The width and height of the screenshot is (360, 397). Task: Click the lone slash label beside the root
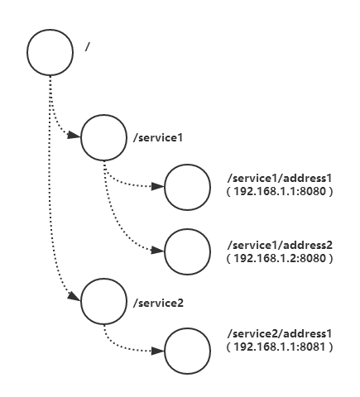click(x=88, y=46)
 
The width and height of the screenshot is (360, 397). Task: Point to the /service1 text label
click(x=158, y=137)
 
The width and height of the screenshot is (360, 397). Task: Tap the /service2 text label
click(x=158, y=303)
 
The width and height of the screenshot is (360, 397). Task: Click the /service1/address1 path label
click(x=280, y=178)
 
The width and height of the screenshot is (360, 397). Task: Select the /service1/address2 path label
click(x=280, y=245)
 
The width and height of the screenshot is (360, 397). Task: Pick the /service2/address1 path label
click(x=280, y=333)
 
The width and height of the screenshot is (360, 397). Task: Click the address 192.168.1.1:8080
click(x=280, y=191)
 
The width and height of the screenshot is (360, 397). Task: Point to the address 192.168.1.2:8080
click(x=280, y=258)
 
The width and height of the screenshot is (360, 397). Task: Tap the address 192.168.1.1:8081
click(x=280, y=347)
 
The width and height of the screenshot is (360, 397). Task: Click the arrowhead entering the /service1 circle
click(x=74, y=135)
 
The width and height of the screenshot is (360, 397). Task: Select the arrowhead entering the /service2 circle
click(x=74, y=296)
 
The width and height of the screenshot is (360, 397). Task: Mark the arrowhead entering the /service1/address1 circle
click(x=158, y=186)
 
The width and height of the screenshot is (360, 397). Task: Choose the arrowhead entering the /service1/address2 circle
click(x=158, y=251)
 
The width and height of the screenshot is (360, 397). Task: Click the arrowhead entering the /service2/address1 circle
click(x=158, y=351)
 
